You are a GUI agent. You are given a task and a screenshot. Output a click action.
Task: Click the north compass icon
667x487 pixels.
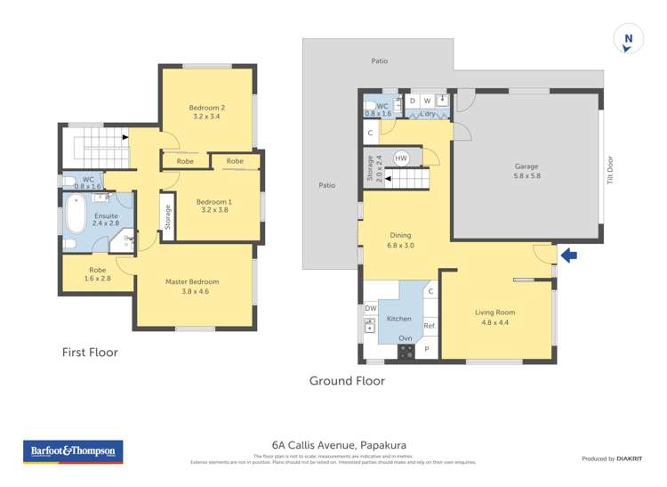click(628, 39)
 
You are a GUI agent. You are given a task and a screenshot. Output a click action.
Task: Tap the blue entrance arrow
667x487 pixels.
click(567, 256)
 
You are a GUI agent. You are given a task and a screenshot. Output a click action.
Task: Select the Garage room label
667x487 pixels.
click(526, 171)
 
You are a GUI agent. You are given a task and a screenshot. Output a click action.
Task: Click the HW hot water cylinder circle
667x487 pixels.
click(401, 158)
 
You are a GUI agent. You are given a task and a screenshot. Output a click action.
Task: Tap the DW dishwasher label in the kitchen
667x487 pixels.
click(370, 308)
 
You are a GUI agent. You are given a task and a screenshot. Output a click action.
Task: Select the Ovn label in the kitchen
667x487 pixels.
click(406, 338)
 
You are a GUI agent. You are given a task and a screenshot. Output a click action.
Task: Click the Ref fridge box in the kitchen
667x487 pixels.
click(430, 327)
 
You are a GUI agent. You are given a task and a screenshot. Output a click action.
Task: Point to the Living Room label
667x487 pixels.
click(494, 317)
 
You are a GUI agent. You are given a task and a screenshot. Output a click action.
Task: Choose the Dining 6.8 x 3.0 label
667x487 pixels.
click(400, 239)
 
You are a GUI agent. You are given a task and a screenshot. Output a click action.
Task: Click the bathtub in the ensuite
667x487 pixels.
click(76, 214)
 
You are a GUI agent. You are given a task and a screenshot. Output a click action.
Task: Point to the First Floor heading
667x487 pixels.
click(90, 353)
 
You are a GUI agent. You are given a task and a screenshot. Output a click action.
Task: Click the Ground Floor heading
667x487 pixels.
click(347, 380)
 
